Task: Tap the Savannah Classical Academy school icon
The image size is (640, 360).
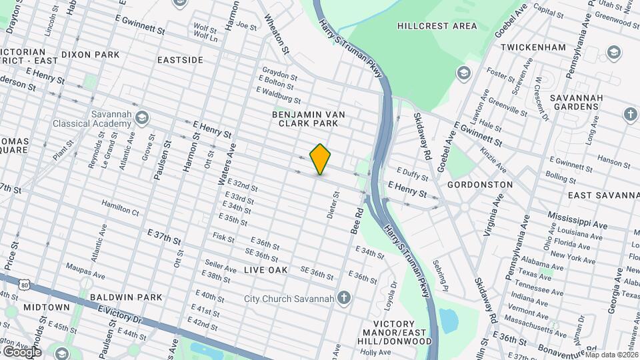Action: tap(141, 119)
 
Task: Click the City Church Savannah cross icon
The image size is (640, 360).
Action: tap(343, 297)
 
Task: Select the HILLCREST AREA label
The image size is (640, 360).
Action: tap(437, 26)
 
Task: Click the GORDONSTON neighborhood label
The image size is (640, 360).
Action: tap(480, 184)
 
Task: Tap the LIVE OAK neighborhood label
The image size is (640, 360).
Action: tap(265, 270)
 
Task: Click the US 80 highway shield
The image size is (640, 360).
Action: tap(25, 285)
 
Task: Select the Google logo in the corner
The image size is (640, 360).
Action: tap(21, 351)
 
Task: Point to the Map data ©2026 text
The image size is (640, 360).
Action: tap(611, 355)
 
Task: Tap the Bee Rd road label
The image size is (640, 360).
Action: tap(357, 221)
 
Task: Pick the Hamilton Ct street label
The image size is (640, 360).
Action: tap(120, 207)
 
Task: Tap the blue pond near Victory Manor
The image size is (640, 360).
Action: tap(449, 321)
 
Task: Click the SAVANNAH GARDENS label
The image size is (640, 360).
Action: tap(577, 103)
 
